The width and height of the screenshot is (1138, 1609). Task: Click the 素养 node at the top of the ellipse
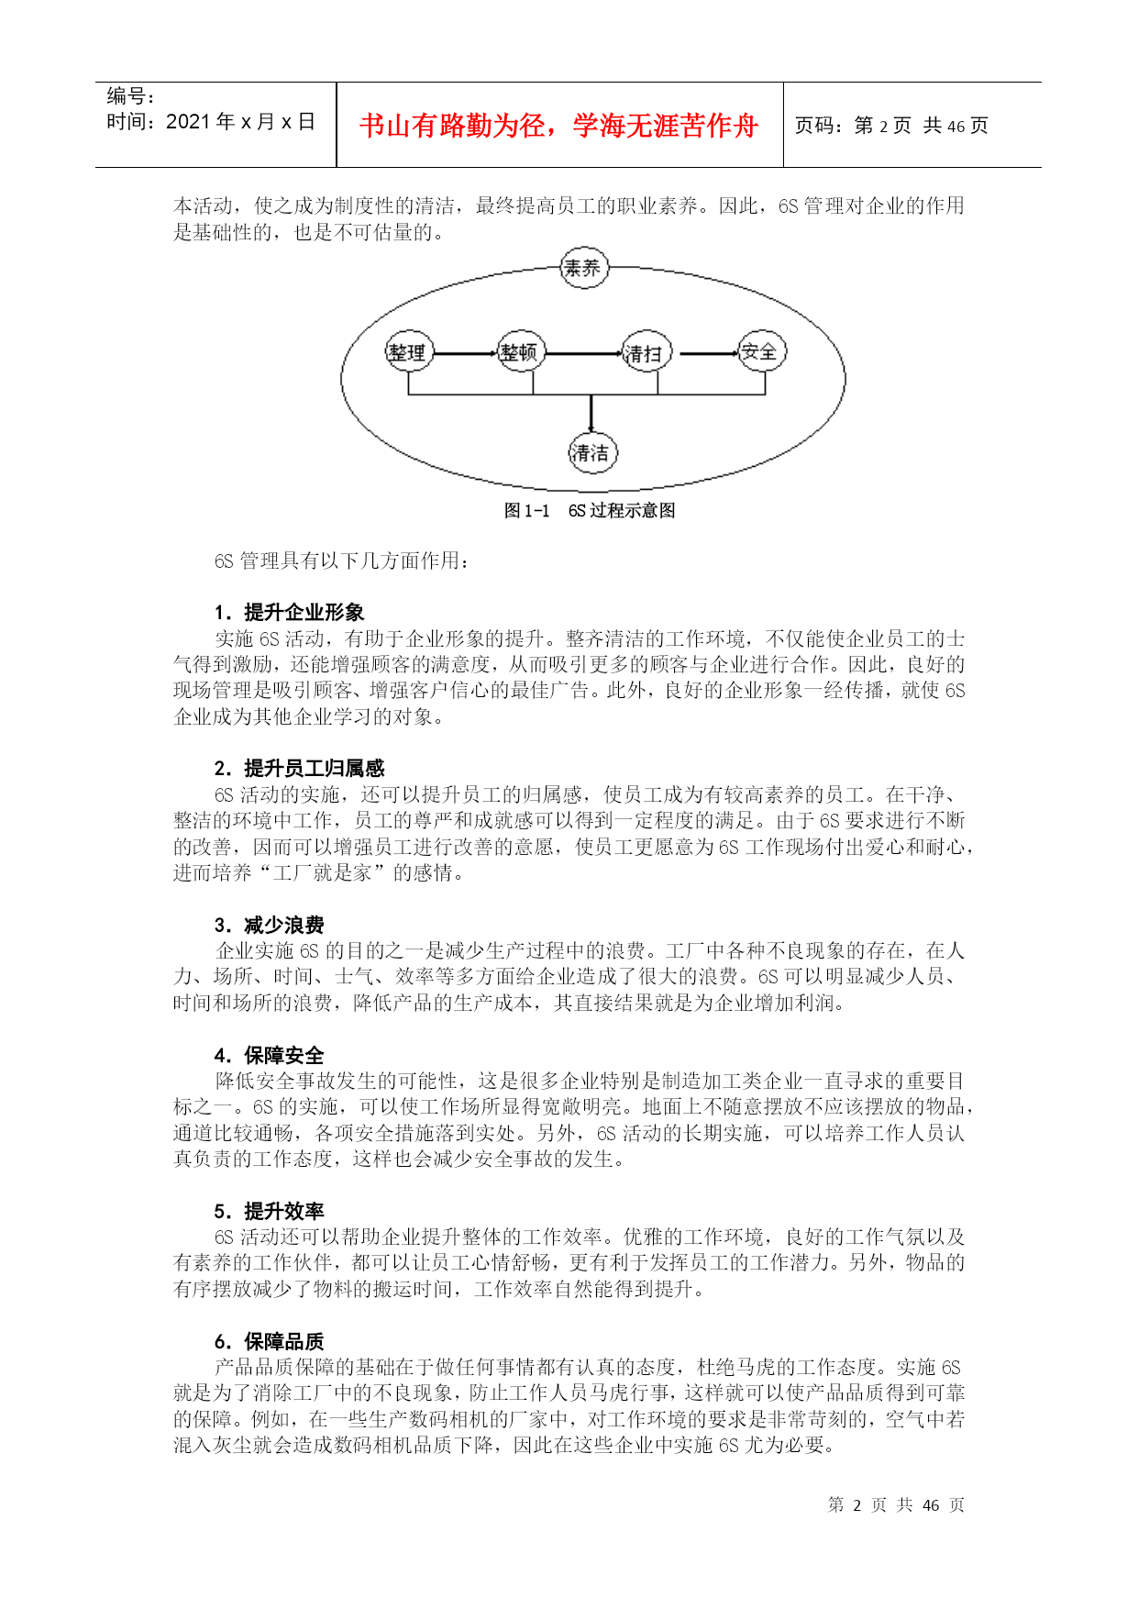[x=583, y=269]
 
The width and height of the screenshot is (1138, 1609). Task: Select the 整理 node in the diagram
[x=408, y=352]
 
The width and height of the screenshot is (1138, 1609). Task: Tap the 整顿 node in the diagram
[x=520, y=352]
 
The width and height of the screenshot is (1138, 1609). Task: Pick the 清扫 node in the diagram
[x=645, y=353]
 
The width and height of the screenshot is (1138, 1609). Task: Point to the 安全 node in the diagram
[x=761, y=351]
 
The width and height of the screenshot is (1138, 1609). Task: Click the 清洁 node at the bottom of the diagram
[x=591, y=452]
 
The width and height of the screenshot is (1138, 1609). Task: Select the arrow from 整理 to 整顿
[x=464, y=353]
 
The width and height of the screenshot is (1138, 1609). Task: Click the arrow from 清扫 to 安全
[x=707, y=353]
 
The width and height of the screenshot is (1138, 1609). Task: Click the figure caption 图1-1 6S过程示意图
[x=590, y=511]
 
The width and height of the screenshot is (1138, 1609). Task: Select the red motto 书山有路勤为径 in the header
[x=558, y=126]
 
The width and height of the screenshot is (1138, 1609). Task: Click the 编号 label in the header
[x=130, y=96]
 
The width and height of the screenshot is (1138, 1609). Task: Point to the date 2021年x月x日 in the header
[x=211, y=122]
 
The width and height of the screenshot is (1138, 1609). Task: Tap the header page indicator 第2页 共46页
[x=890, y=126]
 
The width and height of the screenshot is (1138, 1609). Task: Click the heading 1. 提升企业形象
[x=289, y=613]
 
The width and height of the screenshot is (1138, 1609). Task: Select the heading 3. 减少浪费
[x=269, y=925]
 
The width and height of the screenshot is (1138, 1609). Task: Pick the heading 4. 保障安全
[x=269, y=1055]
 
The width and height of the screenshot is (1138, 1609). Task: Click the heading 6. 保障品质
[x=269, y=1341]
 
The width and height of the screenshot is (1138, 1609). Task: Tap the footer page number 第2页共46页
[x=895, y=1505]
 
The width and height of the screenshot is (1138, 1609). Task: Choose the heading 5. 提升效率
[x=269, y=1211]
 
